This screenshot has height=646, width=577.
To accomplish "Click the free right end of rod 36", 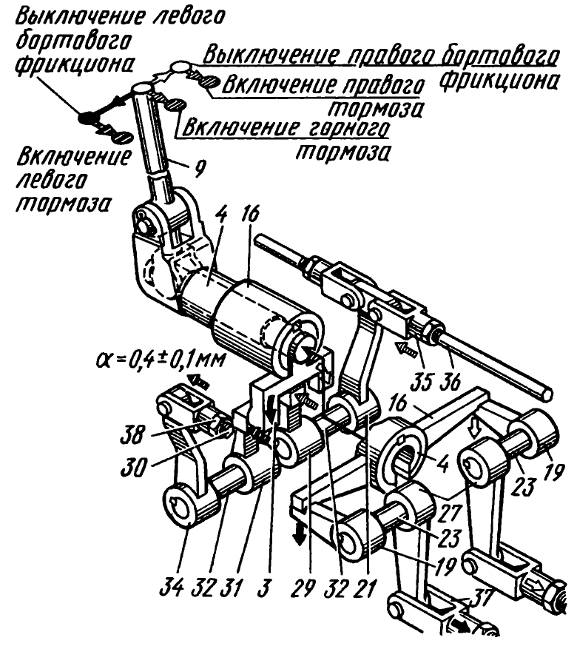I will [x=547, y=390].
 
